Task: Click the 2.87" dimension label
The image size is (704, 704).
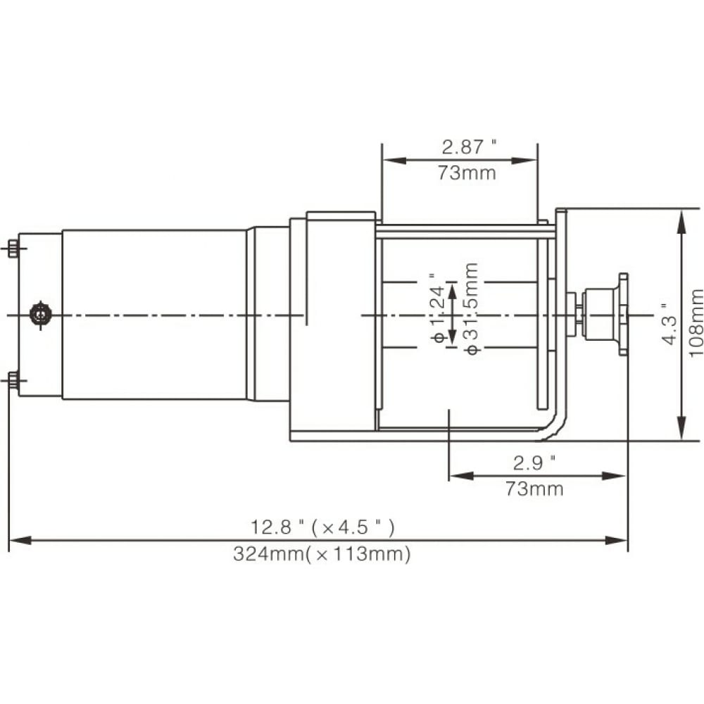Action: pyautogui.click(x=469, y=147)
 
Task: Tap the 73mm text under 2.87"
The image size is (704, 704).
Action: pyautogui.click(x=467, y=173)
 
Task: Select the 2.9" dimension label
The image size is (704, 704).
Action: pyautogui.click(x=534, y=463)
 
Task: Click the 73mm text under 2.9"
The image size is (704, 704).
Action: pyautogui.click(x=534, y=489)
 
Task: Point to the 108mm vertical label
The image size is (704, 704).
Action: pyautogui.click(x=696, y=323)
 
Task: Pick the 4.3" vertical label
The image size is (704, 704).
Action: pyautogui.click(x=670, y=324)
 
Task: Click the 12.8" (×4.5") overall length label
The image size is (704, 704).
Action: pyautogui.click(x=322, y=527)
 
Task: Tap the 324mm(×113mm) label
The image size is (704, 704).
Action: pyautogui.click(x=322, y=554)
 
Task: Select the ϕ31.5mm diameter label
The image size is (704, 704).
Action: pyautogui.click(x=472, y=309)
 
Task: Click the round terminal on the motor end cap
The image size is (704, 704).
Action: pyautogui.click(x=40, y=314)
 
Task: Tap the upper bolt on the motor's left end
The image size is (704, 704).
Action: pyautogui.click(x=13, y=249)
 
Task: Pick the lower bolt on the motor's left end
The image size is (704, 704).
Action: pyautogui.click(x=13, y=381)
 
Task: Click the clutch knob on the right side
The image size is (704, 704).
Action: pyautogui.click(x=605, y=308)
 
